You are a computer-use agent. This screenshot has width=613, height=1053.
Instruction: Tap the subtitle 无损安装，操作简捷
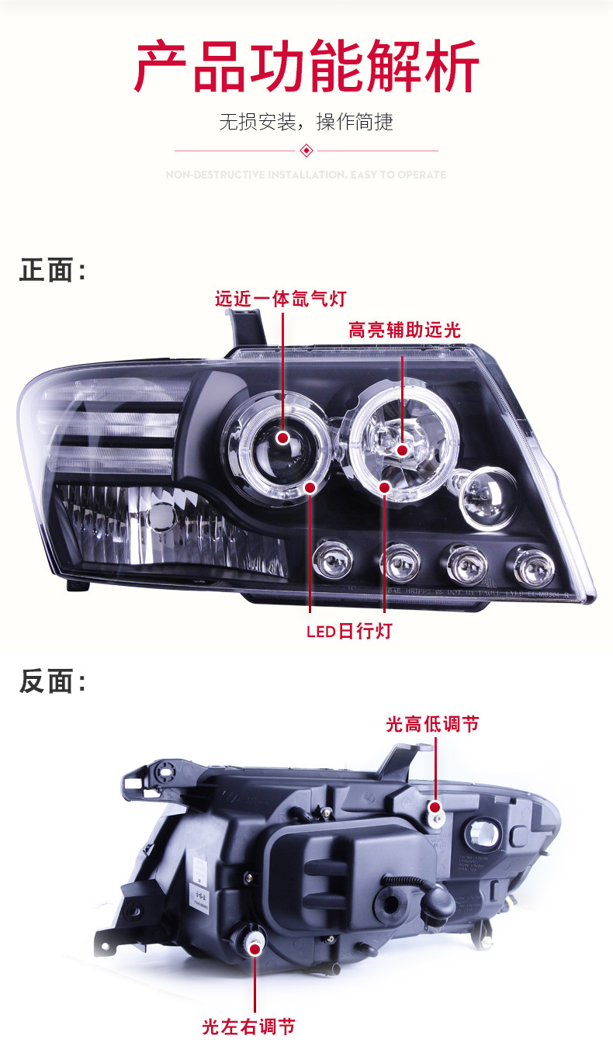coord(306,122)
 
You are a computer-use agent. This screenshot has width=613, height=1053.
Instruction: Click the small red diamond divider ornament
coord(306,150)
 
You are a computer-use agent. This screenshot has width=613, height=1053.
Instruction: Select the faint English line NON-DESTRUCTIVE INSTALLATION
coord(306,175)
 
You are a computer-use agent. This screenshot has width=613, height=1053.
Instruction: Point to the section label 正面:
coord(52,271)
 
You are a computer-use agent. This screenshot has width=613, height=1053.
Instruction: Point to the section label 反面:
coord(52,682)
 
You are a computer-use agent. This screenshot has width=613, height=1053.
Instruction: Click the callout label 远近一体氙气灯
coord(280,299)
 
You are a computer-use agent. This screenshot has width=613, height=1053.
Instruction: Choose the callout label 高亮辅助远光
coord(404,331)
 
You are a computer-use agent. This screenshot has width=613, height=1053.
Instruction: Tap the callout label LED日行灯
coord(348,631)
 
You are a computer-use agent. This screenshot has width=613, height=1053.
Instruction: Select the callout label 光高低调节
coord(432,724)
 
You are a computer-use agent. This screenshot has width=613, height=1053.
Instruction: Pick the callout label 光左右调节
coord(248,1027)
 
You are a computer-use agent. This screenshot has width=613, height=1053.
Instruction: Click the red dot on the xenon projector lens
coord(282,438)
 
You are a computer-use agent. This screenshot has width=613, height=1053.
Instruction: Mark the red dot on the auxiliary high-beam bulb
coord(402,450)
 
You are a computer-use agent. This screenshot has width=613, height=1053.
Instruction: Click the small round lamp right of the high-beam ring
coord(487,497)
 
